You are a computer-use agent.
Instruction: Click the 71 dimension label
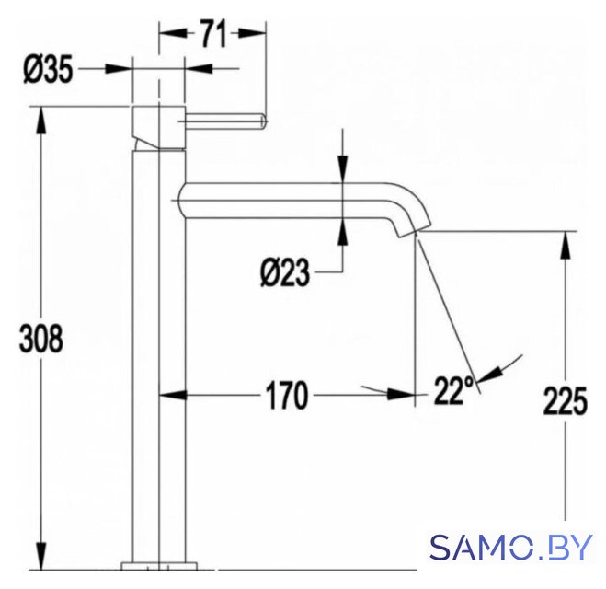(213, 34)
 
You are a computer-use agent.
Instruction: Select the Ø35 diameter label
(48, 70)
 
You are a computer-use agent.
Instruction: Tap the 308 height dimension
(40, 339)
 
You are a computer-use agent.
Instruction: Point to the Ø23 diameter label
(285, 273)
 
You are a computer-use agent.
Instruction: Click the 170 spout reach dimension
(287, 395)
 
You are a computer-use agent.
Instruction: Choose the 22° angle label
(453, 390)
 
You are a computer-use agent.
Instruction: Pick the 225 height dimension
(565, 401)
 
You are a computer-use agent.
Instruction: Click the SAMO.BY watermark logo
(511, 547)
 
